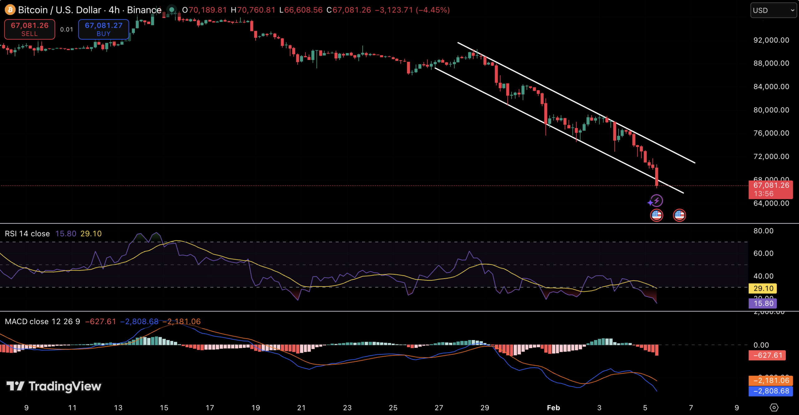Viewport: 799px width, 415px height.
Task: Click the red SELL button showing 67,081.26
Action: tap(30, 29)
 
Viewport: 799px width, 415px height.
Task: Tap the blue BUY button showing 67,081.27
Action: tap(103, 29)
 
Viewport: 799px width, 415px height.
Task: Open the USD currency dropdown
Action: tap(773, 10)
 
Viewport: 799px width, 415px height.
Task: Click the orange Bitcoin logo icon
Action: tap(10, 10)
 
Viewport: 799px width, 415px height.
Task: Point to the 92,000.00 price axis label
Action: tap(771, 40)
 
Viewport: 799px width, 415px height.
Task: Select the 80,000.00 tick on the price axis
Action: tap(771, 110)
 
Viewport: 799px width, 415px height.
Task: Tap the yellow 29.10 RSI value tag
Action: tap(763, 288)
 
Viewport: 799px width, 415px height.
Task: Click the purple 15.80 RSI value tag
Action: tap(763, 303)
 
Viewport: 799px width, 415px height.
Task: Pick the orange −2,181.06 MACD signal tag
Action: tap(770, 380)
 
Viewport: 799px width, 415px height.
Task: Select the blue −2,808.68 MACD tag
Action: tap(770, 391)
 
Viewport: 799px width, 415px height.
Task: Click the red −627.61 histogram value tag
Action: tap(767, 355)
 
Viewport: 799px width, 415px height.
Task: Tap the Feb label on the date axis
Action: tap(553, 408)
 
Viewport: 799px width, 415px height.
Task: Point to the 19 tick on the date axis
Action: tap(256, 408)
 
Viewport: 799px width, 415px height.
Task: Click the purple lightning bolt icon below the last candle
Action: tap(657, 200)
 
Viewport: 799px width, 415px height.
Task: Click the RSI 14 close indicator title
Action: tap(27, 234)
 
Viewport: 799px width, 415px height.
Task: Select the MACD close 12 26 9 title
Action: tap(42, 321)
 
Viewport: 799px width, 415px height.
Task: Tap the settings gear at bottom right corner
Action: tap(774, 408)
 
